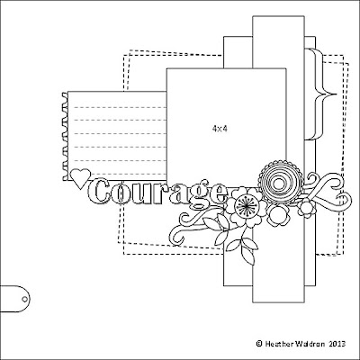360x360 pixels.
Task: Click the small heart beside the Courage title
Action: tap(80, 178)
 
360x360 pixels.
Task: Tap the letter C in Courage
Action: tap(98, 192)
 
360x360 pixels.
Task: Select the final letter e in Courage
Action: tap(219, 194)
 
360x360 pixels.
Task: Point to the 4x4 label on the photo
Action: tap(220, 129)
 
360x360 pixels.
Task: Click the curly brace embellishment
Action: tap(319, 94)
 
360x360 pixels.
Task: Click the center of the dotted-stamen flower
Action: tap(246, 206)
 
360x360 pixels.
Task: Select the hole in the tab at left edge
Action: tap(24, 299)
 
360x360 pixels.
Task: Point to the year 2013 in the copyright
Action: tap(337, 343)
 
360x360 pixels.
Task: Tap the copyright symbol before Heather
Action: tap(259, 343)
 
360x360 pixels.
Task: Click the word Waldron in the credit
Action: tap(310, 343)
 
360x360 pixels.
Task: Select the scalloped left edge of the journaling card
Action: tap(65, 137)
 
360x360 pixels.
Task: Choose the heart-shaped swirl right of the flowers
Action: tap(330, 192)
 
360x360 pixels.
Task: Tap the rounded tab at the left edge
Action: tap(15, 299)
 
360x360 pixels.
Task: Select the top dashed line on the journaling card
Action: tap(120, 107)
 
